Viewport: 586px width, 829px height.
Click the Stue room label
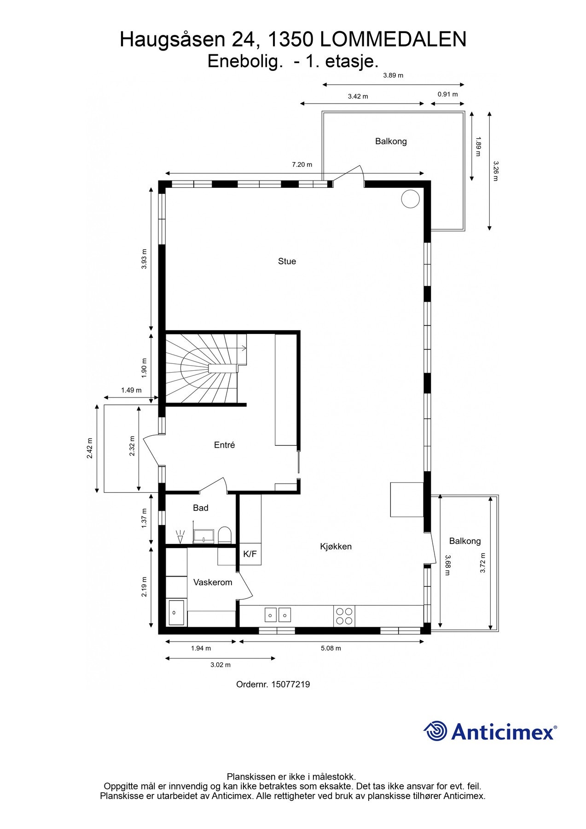pos(287,261)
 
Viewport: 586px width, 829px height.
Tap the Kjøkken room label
pos(336,546)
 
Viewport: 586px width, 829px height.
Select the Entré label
pos(224,445)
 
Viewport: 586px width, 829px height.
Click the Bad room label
pos(200,508)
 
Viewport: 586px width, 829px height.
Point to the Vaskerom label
pos(212,582)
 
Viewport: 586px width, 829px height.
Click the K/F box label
pos(249,554)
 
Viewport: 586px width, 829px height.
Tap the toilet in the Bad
pos(224,535)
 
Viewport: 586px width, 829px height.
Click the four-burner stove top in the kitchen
pos(344,616)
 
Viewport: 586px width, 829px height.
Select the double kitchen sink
pos(278,615)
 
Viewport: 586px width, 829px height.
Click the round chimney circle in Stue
pos(410,199)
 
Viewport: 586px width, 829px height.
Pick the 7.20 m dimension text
pos(302,164)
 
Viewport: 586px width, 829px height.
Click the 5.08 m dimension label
pos(331,648)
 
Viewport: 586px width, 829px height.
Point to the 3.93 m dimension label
pos(144,259)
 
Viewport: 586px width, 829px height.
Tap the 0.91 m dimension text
pos(447,94)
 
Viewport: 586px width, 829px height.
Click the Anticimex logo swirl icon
pos(435,731)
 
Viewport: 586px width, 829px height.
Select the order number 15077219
pos(290,684)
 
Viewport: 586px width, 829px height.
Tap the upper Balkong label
pos(390,141)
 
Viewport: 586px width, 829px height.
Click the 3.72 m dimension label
pos(482,562)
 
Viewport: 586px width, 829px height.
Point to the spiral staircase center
pos(209,368)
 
